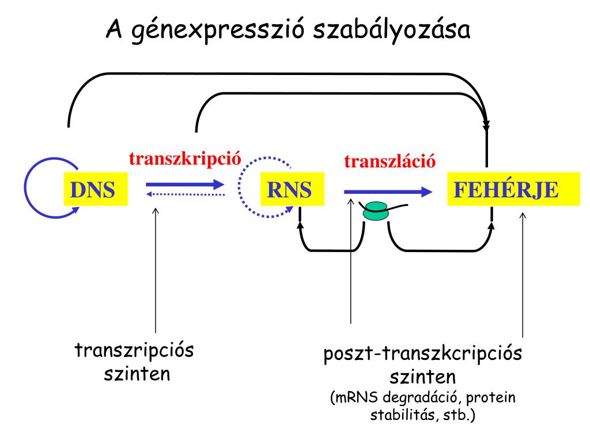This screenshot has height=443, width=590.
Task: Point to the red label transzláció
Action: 389,160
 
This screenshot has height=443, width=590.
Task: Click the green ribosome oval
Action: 376,211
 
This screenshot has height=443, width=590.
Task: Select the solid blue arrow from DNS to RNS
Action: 184,185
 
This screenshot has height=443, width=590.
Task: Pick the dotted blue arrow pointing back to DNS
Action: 184,194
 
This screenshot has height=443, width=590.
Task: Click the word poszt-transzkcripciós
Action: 422,354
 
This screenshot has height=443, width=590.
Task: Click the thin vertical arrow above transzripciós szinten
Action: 156,271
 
